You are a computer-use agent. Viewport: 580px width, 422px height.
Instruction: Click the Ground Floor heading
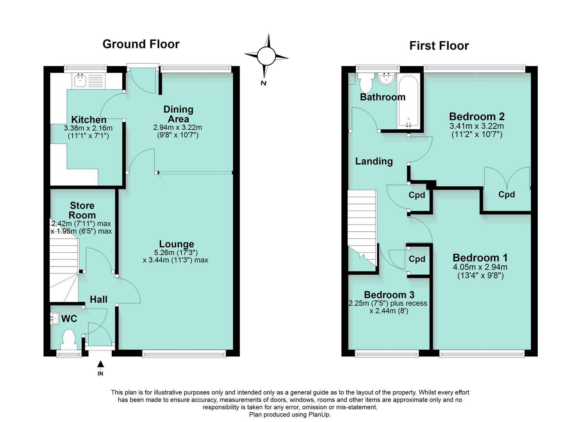(x=141, y=44)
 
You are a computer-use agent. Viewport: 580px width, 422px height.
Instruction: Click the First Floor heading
(x=439, y=46)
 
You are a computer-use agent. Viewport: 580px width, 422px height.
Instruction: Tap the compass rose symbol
(x=266, y=56)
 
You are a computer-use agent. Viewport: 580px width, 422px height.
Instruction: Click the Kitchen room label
(x=89, y=120)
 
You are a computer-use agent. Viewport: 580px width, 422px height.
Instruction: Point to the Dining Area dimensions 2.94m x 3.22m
(x=178, y=127)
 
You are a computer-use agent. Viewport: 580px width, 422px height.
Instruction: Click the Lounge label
(x=176, y=244)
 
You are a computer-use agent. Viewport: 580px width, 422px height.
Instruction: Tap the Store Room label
(x=82, y=210)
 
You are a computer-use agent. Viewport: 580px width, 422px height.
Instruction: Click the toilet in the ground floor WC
(x=69, y=338)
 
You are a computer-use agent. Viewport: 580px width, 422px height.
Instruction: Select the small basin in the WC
(x=54, y=319)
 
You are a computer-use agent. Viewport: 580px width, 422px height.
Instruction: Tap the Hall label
(x=98, y=299)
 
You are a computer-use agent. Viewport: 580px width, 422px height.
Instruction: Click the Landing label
(x=374, y=161)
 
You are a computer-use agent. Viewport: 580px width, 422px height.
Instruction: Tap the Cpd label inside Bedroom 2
(x=507, y=194)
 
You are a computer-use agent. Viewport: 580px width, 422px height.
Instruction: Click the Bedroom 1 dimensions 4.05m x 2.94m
(x=480, y=267)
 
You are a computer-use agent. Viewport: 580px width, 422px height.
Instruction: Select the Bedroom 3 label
(x=389, y=295)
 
